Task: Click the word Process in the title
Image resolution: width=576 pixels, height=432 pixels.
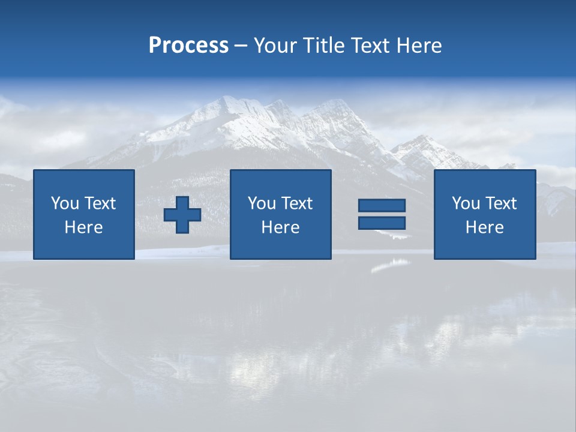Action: click(x=188, y=46)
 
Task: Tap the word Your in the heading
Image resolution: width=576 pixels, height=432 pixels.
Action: click(x=274, y=46)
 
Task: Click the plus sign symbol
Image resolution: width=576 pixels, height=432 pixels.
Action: click(x=182, y=215)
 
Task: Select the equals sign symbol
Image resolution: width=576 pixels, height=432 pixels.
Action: click(x=382, y=214)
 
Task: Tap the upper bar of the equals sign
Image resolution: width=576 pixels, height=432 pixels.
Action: click(x=382, y=206)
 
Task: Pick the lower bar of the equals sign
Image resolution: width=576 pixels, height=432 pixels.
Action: click(x=382, y=223)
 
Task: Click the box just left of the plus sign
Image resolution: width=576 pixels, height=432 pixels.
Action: click(x=84, y=214)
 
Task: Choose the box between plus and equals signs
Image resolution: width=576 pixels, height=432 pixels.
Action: click(x=280, y=214)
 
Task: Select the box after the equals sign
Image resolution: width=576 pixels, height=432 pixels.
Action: click(x=484, y=214)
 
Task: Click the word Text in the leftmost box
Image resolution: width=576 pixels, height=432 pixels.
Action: click(x=100, y=203)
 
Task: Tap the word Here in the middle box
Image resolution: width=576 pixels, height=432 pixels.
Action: click(x=280, y=227)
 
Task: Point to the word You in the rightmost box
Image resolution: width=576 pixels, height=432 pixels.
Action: click(x=465, y=203)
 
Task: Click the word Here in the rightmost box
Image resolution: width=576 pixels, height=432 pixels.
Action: click(x=484, y=227)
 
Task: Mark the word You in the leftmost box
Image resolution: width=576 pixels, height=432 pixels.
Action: click(x=64, y=203)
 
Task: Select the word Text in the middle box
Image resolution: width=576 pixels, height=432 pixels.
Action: click(x=297, y=203)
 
